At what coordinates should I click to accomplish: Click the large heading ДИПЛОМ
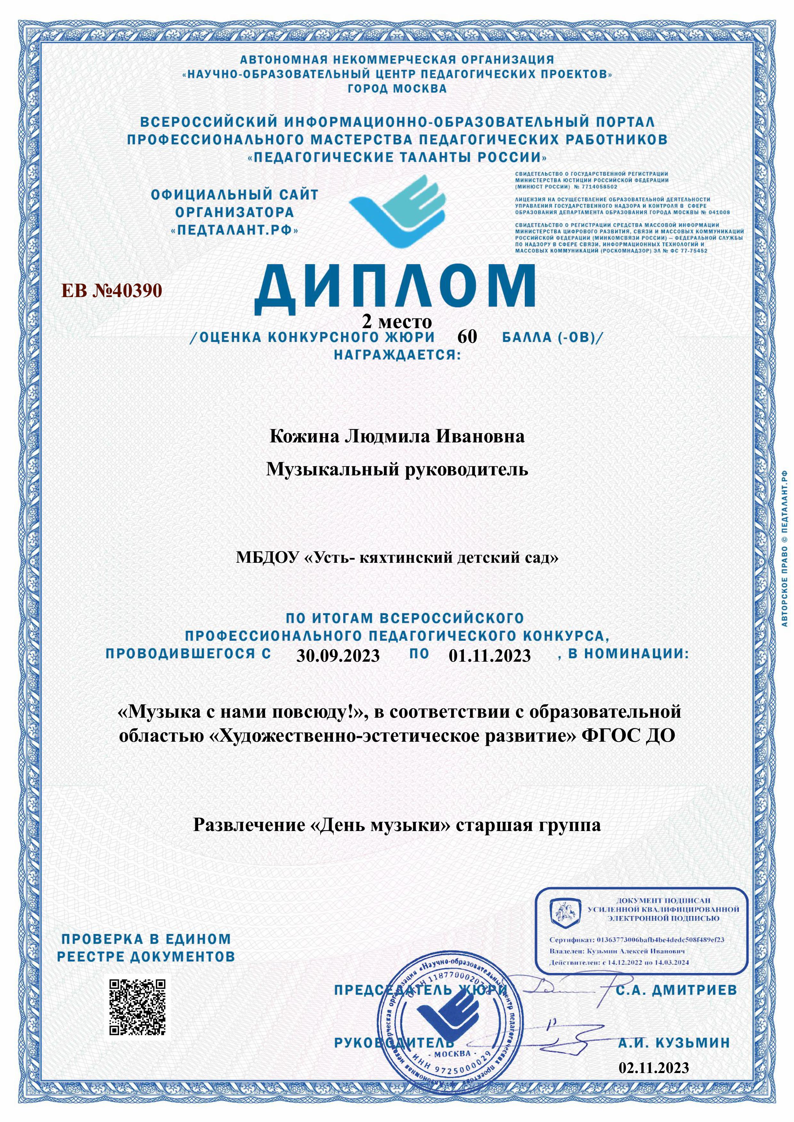point(394,289)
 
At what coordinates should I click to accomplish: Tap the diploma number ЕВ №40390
point(111,290)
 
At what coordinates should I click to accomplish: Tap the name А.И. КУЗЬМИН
point(674,1043)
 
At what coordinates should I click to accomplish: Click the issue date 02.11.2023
point(654,1068)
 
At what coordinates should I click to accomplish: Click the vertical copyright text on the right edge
point(784,548)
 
